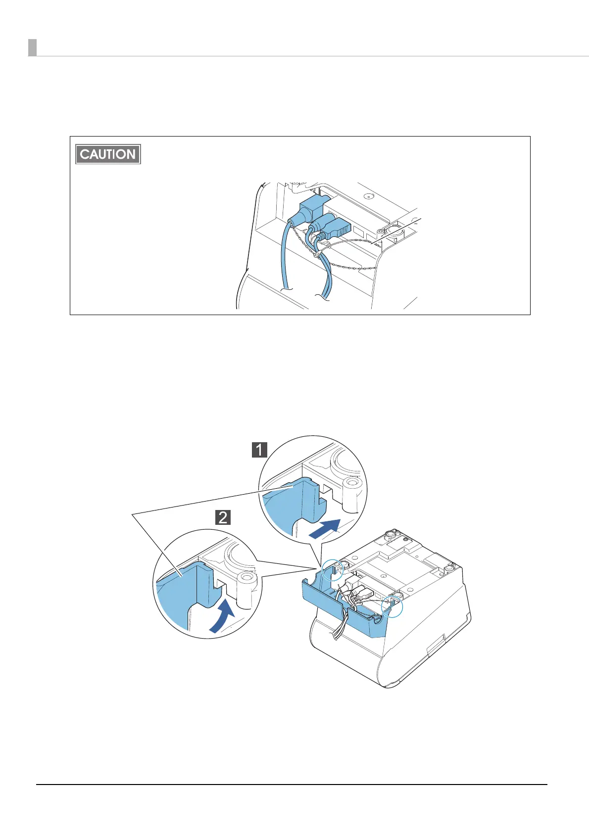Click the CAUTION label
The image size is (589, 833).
click(108, 154)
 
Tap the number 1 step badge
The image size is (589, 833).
click(259, 450)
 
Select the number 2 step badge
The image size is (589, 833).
click(223, 517)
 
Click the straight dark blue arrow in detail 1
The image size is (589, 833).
click(324, 530)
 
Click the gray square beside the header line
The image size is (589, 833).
click(32, 47)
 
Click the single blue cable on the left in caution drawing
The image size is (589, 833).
click(287, 257)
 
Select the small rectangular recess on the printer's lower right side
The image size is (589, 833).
click(434, 646)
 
